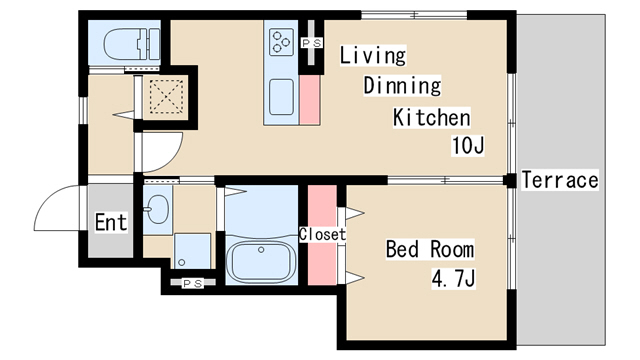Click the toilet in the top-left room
pos(132,44)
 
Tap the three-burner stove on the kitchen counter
pos(281,42)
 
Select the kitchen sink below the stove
pos(281,97)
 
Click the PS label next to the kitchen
pos(312,42)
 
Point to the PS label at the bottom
pos(193,283)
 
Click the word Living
pos(373,55)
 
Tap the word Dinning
pos(402,86)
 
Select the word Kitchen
pos(432,118)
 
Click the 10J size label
pos(468,145)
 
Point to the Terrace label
pos(560,180)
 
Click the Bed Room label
pos(430,249)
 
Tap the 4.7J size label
pos(453,279)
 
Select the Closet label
pos(322,234)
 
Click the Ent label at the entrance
pos(111,222)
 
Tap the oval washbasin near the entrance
pos(158,209)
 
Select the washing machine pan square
pos(193,251)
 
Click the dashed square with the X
pos(166,96)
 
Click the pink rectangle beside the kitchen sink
pos(310,100)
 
